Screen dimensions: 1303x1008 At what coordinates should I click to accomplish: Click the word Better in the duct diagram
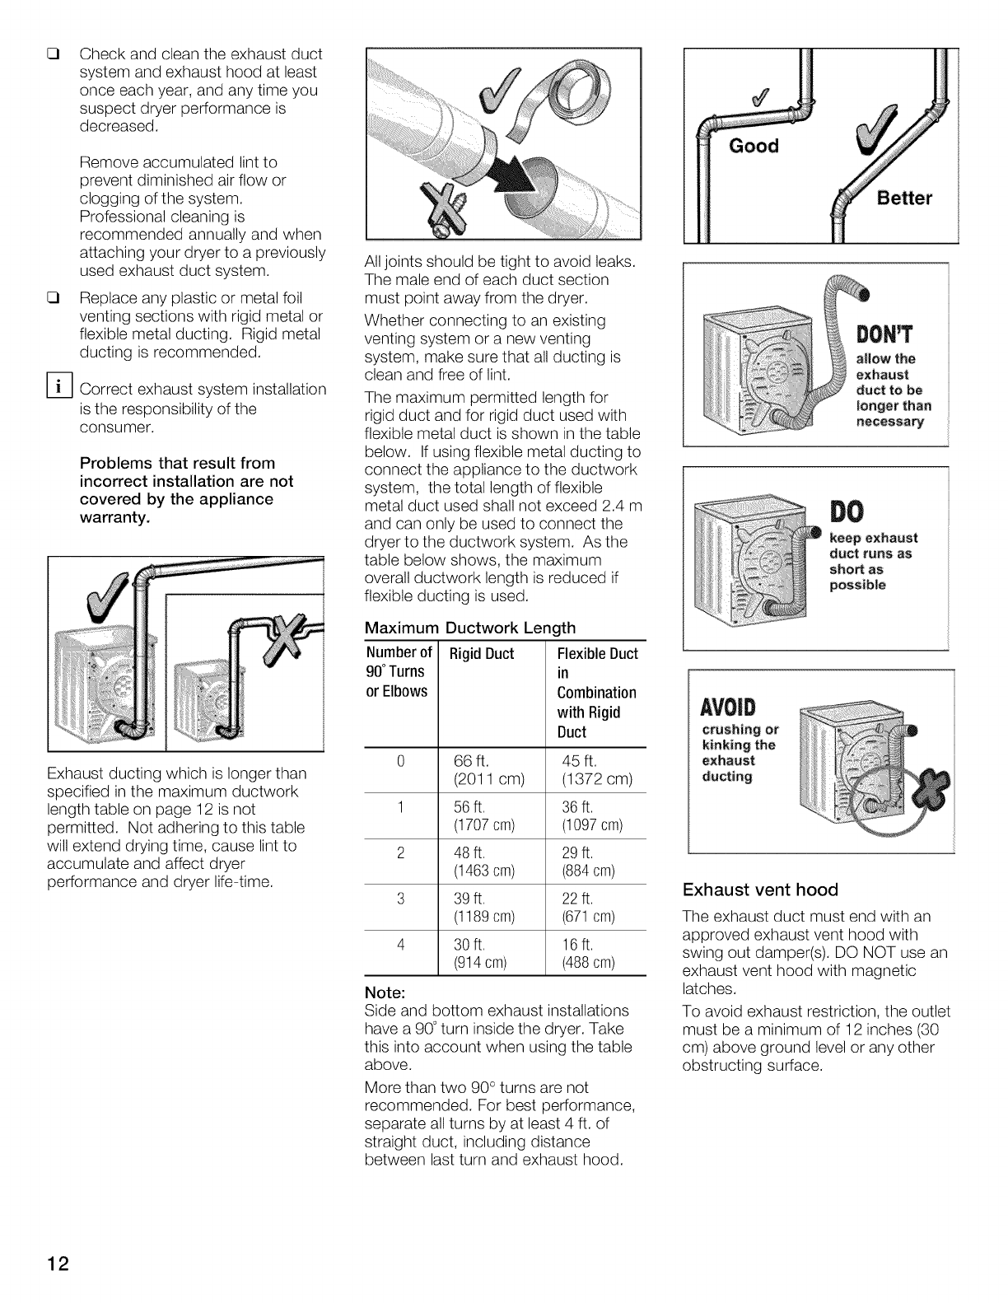[x=903, y=198]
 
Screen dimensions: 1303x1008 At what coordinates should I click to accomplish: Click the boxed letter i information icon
[x=62, y=387]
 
